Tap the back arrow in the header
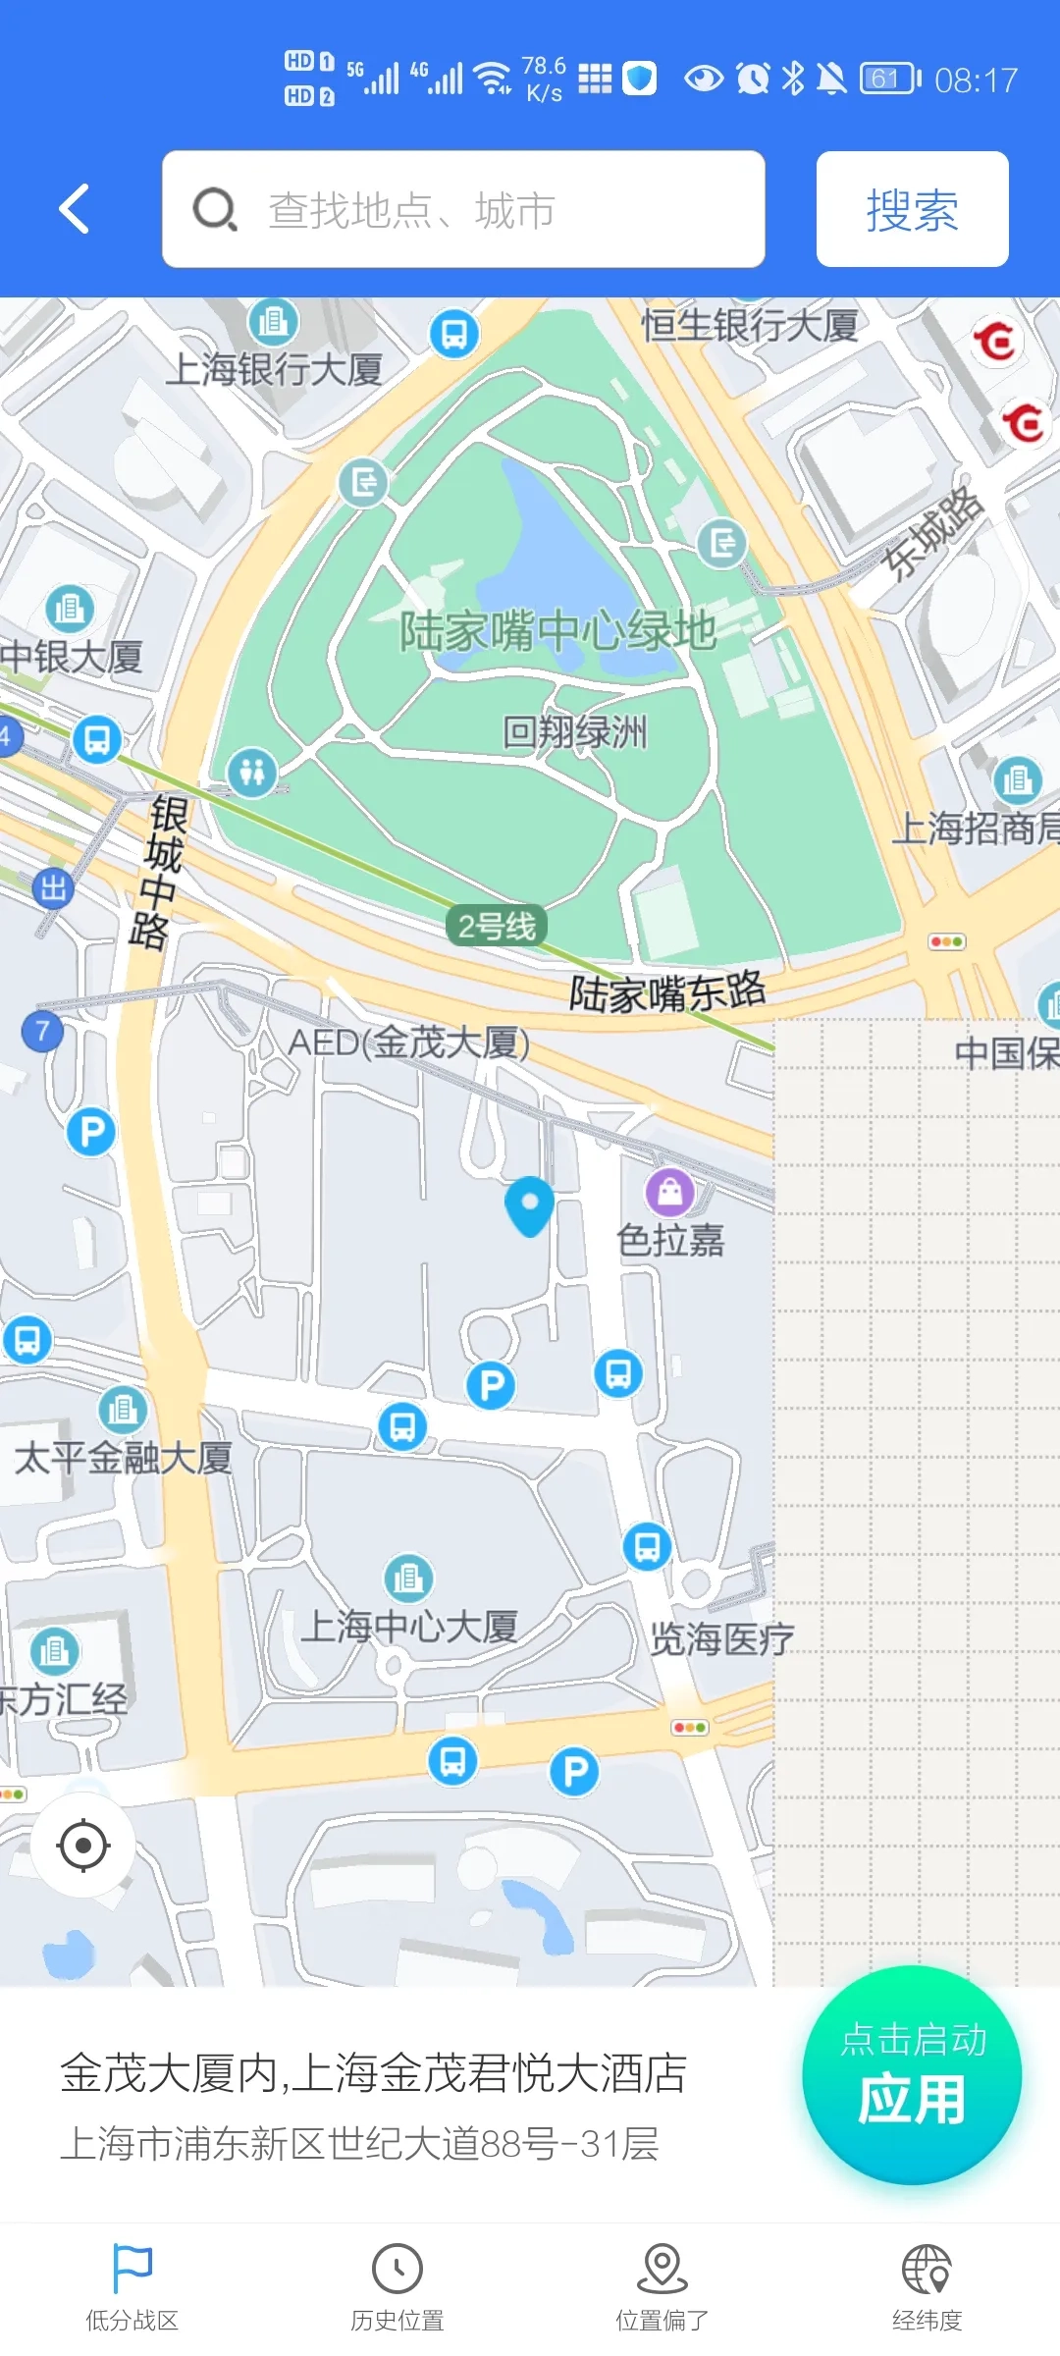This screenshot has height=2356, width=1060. (75, 209)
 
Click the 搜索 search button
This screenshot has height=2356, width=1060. (912, 209)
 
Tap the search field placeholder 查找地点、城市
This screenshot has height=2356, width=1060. (412, 210)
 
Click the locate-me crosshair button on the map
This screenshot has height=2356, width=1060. (83, 1846)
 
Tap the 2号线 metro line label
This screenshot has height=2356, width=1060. (497, 926)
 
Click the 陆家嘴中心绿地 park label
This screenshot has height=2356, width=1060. (556, 630)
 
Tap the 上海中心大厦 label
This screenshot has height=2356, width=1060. (408, 1627)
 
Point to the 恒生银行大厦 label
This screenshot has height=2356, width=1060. (749, 325)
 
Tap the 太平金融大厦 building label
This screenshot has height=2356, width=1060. (123, 1458)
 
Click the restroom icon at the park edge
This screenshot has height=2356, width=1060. (252, 772)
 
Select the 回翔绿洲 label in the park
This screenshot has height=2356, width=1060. (574, 732)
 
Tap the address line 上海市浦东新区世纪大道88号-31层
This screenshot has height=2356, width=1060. (359, 2143)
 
